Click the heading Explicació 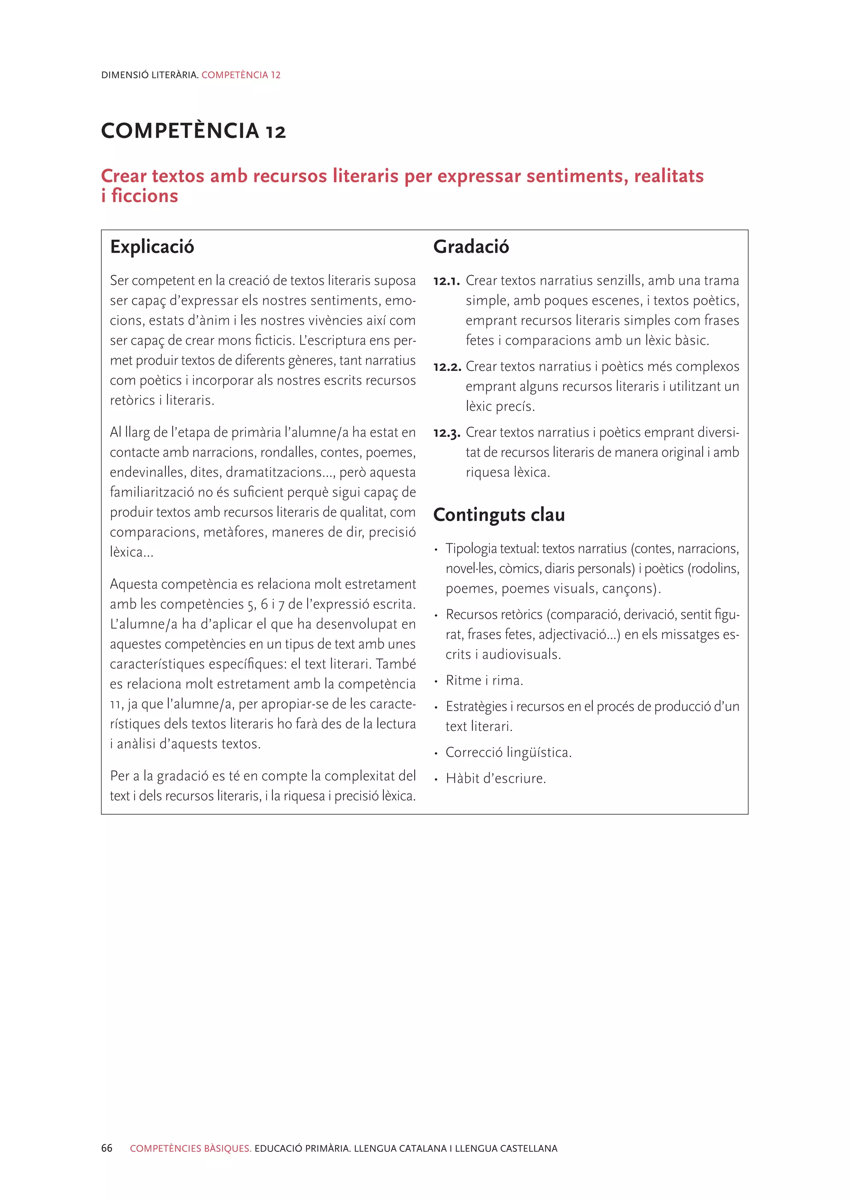(x=152, y=247)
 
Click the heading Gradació (x=471, y=247)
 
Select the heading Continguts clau (x=499, y=515)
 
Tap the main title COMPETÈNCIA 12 (x=194, y=131)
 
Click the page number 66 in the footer (x=107, y=1148)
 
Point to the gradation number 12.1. (x=446, y=281)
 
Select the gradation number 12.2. (x=447, y=367)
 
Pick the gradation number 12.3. (x=447, y=433)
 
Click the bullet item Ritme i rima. (x=484, y=680)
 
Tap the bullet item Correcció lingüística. (x=508, y=752)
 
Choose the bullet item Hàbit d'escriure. (x=496, y=779)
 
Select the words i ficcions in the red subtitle (x=140, y=196)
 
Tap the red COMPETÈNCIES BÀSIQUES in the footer (x=191, y=1148)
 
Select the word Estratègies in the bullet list (x=476, y=706)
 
